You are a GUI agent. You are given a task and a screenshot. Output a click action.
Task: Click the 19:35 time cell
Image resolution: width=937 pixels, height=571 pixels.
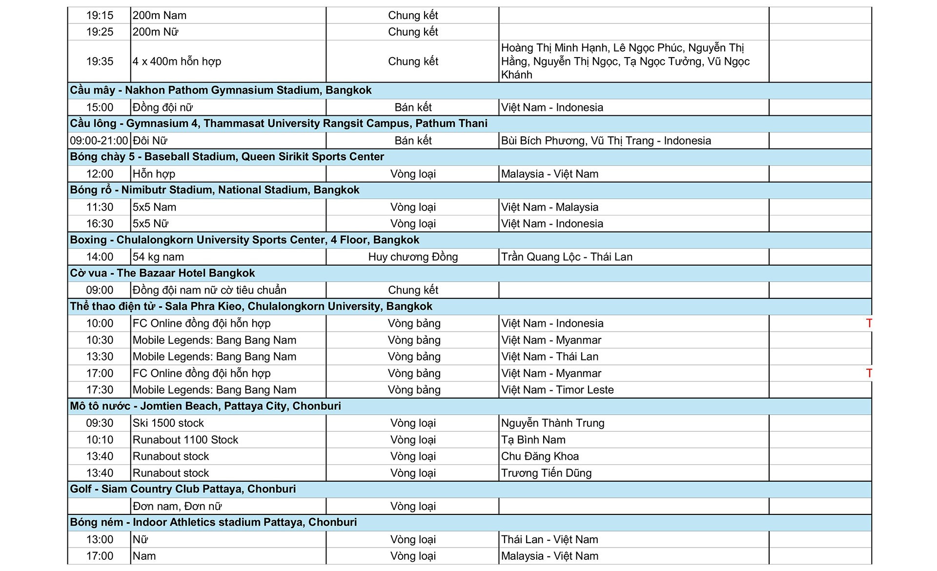(100, 62)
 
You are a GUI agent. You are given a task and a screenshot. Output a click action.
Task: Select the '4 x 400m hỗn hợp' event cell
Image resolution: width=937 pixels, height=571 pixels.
(177, 62)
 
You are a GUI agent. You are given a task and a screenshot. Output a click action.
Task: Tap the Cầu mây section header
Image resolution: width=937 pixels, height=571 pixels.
(221, 90)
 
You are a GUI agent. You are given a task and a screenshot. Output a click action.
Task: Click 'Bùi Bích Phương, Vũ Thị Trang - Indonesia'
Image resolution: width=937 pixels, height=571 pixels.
(606, 141)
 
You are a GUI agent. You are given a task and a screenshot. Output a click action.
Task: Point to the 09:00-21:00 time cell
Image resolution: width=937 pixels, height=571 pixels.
(99, 141)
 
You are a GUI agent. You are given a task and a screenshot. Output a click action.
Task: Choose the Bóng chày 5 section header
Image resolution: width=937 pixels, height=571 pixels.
(227, 157)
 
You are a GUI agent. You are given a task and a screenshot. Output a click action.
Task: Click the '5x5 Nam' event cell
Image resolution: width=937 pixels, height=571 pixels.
(155, 207)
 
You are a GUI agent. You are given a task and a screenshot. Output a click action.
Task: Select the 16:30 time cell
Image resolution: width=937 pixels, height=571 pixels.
(100, 224)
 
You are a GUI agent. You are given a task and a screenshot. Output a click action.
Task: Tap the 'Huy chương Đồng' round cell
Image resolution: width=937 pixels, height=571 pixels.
(413, 257)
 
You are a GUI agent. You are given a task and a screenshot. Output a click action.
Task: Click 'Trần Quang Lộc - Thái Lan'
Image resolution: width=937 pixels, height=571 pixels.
(567, 257)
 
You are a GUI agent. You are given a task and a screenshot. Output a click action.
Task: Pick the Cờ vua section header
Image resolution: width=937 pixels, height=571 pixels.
(163, 273)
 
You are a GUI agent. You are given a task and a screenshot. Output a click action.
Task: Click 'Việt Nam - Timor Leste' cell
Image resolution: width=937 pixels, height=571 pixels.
(557, 390)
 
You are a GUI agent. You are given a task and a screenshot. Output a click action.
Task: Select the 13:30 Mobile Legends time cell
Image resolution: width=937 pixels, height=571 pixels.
(100, 357)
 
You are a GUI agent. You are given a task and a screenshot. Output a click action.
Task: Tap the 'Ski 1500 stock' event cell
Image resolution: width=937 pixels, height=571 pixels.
(168, 423)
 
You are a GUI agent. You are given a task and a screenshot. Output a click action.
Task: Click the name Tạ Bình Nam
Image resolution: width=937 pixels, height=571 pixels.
(533, 440)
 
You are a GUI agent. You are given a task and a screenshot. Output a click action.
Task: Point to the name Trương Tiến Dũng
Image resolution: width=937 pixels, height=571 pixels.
(546, 473)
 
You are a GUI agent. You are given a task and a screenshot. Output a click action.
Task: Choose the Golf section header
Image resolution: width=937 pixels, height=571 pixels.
(183, 489)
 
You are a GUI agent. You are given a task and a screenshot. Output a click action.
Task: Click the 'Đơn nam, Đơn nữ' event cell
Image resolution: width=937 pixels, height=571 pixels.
(177, 506)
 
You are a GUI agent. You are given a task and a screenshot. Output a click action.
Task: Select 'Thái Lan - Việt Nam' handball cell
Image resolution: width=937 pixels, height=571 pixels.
(550, 539)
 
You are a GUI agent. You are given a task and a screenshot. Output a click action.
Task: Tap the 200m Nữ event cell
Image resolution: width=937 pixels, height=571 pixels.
(156, 32)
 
